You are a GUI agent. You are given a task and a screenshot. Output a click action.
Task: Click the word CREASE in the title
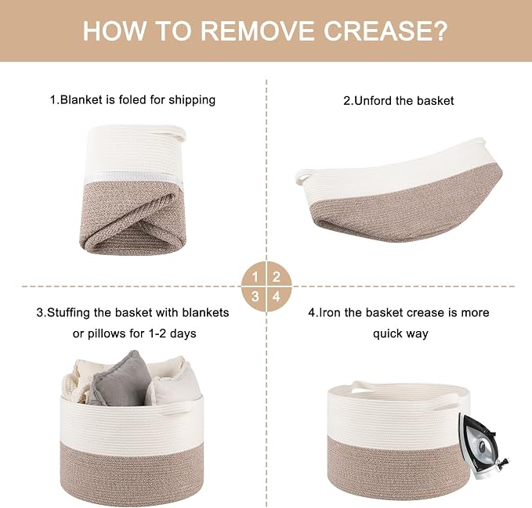pyautogui.click(x=385, y=31)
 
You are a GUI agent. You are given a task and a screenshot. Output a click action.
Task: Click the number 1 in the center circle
pyautogui.click(x=255, y=278)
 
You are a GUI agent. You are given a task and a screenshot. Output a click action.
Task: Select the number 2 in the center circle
pyautogui.click(x=277, y=277)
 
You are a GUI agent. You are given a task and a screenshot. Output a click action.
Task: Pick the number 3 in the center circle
pyautogui.click(x=255, y=297)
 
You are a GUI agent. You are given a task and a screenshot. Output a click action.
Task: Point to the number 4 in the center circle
pyautogui.click(x=277, y=297)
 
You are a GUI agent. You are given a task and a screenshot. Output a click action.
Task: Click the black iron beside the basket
pyautogui.click(x=483, y=445)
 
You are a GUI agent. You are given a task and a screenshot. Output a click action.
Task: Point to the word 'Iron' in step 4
pyautogui.click(x=330, y=312)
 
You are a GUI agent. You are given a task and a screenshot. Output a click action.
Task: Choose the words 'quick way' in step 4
pyautogui.click(x=400, y=334)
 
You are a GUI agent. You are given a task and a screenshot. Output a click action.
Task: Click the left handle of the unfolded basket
pyautogui.click(x=302, y=175)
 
